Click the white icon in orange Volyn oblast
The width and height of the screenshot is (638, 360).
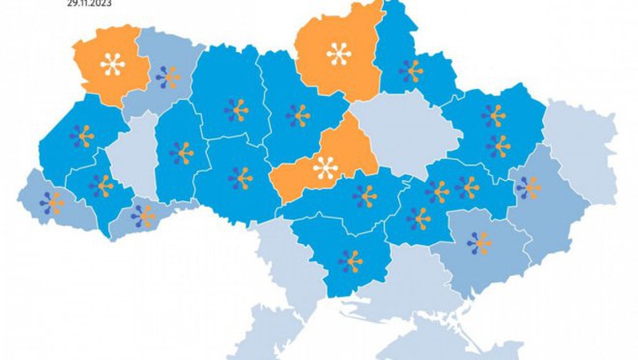(x=113, y=63)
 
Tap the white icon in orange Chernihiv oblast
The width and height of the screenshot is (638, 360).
(x=339, y=54)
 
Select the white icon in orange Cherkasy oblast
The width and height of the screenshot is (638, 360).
(x=325, y=168)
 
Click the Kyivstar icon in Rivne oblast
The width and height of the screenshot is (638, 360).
(x=168, y=77)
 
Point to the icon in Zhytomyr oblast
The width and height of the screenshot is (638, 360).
(x=236, y=110)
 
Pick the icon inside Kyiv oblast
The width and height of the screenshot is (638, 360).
(x=298, y=116)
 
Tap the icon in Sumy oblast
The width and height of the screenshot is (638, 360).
(x=411, y=71)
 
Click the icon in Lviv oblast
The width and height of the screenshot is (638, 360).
(x=82, y=136)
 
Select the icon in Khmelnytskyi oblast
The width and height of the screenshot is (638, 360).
(x=182, y=152)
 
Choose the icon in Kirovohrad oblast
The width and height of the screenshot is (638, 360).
(x=365, y=196)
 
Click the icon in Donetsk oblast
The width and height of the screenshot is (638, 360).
(x=528, y=187)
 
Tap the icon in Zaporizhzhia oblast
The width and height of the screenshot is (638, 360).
(x=480, y=242)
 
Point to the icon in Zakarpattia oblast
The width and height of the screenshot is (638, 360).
(x=53, y=202)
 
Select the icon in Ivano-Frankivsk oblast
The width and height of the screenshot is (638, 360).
(x=102, y=186)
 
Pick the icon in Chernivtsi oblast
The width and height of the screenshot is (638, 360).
(x=144, y=215)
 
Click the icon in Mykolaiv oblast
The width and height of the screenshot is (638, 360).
(x=349, y=261)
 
